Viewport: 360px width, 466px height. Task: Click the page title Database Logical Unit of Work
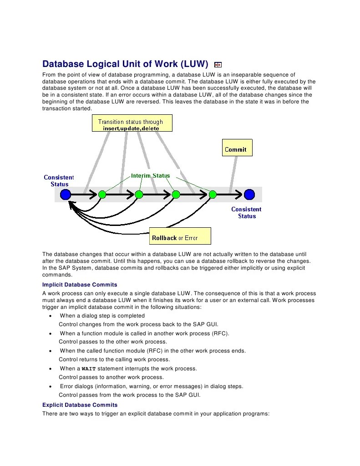click(125, 64)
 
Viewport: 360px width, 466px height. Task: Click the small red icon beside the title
click(218, 65)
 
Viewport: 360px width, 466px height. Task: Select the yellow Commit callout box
click(237, 149)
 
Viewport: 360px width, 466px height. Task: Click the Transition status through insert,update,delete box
click(132, 124)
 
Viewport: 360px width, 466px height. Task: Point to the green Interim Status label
click(150, 175)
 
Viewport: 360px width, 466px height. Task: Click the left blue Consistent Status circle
click(66, 195)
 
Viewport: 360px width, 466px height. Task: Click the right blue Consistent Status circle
click(249, 195)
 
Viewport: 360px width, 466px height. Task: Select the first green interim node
click(102, 195)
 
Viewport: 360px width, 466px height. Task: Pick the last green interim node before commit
click(212, 195)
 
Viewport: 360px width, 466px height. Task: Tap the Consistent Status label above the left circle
click(59, 180)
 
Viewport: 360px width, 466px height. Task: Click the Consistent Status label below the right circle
click(246, 213)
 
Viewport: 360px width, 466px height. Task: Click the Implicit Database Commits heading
click(80, 285)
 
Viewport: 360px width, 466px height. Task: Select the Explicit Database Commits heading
click(80, 405)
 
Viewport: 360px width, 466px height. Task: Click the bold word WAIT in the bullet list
click(89, 369)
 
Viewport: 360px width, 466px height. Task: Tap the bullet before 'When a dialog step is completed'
click(50, 316)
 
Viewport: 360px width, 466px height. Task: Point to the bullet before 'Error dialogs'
click(50, 387)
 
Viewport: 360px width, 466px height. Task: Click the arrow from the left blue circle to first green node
click(84, 195)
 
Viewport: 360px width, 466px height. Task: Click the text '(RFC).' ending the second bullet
click(220, 333)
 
